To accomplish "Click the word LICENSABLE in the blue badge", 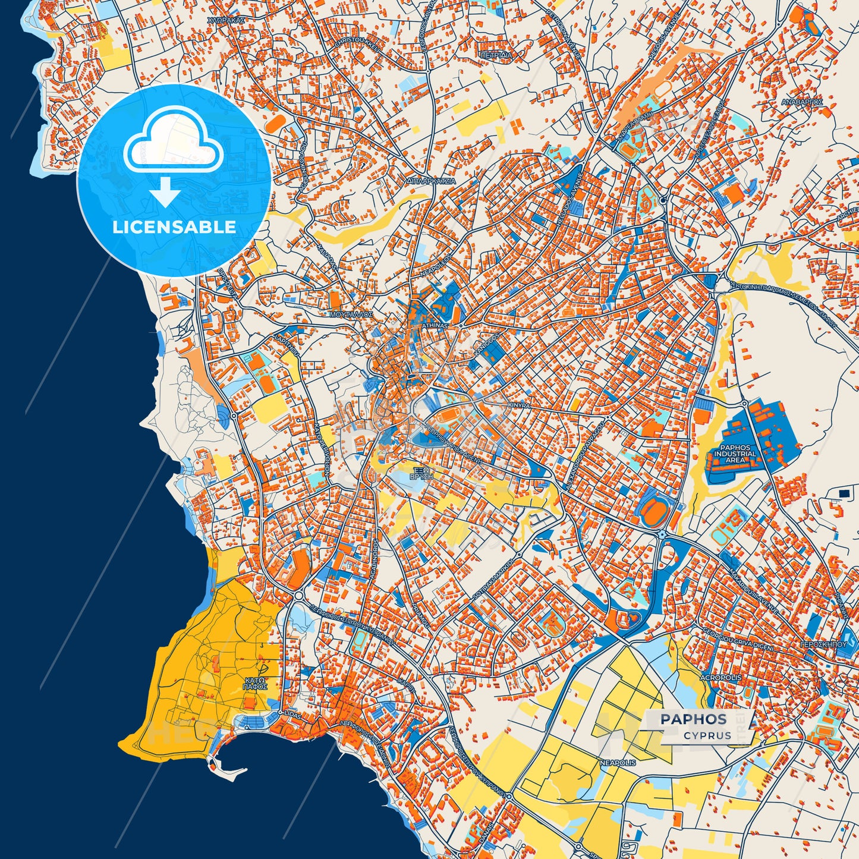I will click(174, 227).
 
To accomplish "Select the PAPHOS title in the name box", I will click(693, 719).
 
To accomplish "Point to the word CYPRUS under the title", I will click(707, 735).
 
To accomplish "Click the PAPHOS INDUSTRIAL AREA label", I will click(735, 454).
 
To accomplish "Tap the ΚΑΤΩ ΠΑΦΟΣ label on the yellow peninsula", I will click(254, 682).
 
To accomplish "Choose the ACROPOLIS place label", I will click(720, 678).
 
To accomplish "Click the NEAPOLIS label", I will click(618, 762).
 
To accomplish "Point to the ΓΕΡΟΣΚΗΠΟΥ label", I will click(823, 644).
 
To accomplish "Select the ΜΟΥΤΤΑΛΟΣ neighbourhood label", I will click(351, 313).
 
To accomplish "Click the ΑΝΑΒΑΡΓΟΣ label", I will click(802, 102).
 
